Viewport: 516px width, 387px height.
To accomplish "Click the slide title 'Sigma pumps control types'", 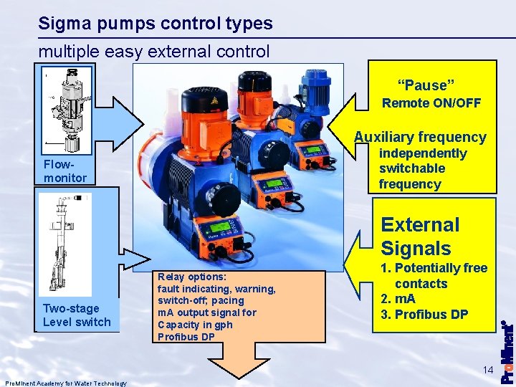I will click(x=156, y=24).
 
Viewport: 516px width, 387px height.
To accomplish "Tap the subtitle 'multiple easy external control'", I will click(x=154, y=52).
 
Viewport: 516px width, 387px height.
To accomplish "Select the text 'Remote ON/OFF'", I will click(x=431, y=103).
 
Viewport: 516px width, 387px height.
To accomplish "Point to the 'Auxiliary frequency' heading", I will click(x=420, y=137).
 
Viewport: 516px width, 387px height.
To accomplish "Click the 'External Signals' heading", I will click(x=420, y=236).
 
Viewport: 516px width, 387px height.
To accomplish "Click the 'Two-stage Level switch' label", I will click(x=77, y=315).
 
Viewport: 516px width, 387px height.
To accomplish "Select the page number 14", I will click(x=488, y=370).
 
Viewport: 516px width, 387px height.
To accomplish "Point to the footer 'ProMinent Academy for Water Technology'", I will click(x=65, y=383).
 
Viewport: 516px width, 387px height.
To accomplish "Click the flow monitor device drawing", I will click(x=70, y=107).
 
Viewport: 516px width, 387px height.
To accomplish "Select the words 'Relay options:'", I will click(x=192, y=277).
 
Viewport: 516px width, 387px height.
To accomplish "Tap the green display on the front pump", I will click(x=219, y=228).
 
